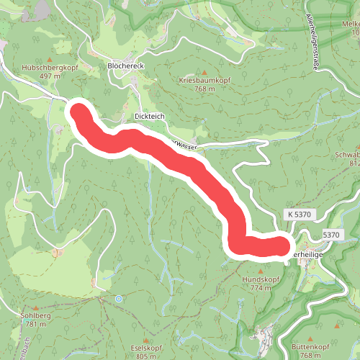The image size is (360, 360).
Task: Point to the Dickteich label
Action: pos(150,116)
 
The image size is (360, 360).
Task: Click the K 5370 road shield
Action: pos(300,215)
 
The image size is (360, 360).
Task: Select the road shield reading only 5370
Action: pos(331,235)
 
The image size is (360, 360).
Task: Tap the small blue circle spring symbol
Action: pos(119,298)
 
